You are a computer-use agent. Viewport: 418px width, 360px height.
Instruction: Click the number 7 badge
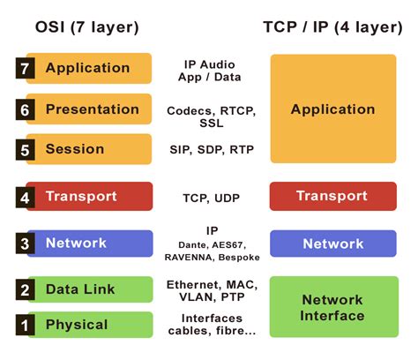coord(26,69)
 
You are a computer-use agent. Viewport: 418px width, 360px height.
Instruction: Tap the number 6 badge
coord(26,110)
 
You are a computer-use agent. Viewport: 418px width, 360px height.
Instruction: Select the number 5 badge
coord(26,150)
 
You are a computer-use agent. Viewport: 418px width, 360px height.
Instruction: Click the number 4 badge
coord(26,197)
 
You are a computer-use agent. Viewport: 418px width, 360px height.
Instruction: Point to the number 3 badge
coord(26,244)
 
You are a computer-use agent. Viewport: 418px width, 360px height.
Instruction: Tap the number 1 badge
coord(26,326)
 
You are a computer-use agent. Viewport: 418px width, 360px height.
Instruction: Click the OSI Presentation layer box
coord(92,109)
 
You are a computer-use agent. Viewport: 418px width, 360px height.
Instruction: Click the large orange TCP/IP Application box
coord(332,109)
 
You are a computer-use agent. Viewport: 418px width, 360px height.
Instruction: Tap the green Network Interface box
coord(332,307)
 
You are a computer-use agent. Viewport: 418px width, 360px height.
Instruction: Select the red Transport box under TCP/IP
coord(332,196)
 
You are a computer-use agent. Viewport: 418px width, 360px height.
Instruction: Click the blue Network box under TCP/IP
coord(332,244)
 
